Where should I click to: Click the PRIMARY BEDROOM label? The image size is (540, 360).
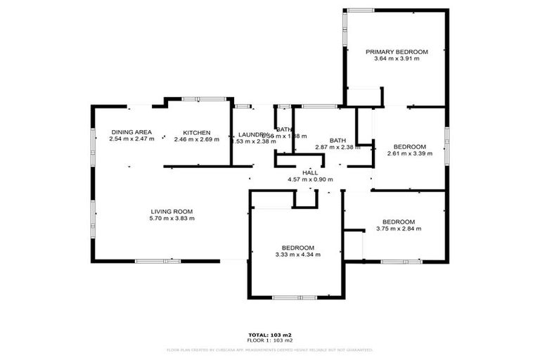pos(397,52)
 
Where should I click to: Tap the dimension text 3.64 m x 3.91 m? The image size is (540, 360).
pos(397,59)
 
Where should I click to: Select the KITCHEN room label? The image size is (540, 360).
pos(197,133)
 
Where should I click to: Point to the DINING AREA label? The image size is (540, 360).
pos(131,132)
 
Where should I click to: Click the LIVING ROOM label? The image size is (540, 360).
pos(172,211)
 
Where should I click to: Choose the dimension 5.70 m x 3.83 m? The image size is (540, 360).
pos(172,218)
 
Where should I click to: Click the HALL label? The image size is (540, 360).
pos(310,172)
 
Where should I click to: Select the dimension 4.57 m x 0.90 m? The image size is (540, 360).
pos(310,179)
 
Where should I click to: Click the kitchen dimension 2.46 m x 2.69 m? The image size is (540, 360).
pos(197,139)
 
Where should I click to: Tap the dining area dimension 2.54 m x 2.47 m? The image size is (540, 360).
pos(131,139)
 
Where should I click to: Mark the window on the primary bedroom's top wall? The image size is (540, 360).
pos(360,10)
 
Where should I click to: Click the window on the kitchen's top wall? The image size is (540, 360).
pos(199,99)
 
